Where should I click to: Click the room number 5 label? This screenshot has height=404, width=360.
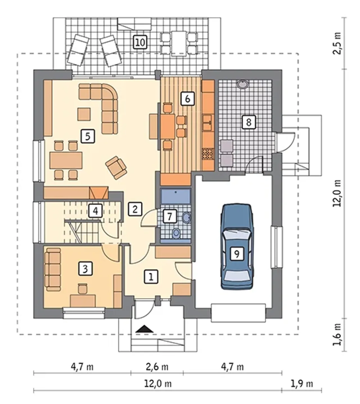point(88,136)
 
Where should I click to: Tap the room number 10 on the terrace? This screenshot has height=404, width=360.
point(140,42)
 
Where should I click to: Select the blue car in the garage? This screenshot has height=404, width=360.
point(237,246)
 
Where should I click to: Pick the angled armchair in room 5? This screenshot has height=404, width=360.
point(116,168)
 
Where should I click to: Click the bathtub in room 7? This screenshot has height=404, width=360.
point(175,196)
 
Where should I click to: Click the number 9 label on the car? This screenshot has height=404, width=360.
point(237,254)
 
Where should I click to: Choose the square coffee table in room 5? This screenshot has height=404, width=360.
point(84,114)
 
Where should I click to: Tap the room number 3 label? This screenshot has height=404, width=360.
point(85,269)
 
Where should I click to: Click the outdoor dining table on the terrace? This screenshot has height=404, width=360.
point(179,44)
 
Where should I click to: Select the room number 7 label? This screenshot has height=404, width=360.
point(170,216)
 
